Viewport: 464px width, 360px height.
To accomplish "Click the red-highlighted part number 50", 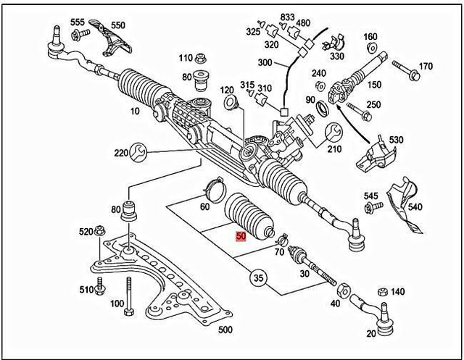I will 241,236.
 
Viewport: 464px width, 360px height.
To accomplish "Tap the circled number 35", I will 257,277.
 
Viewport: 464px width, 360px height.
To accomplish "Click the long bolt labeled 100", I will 128,298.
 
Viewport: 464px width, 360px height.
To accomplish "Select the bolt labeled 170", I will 405,71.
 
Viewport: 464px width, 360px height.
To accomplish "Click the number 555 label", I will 78,22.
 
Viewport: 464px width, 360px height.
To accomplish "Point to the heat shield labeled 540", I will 401,206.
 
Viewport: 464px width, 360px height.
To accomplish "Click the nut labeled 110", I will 203,59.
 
